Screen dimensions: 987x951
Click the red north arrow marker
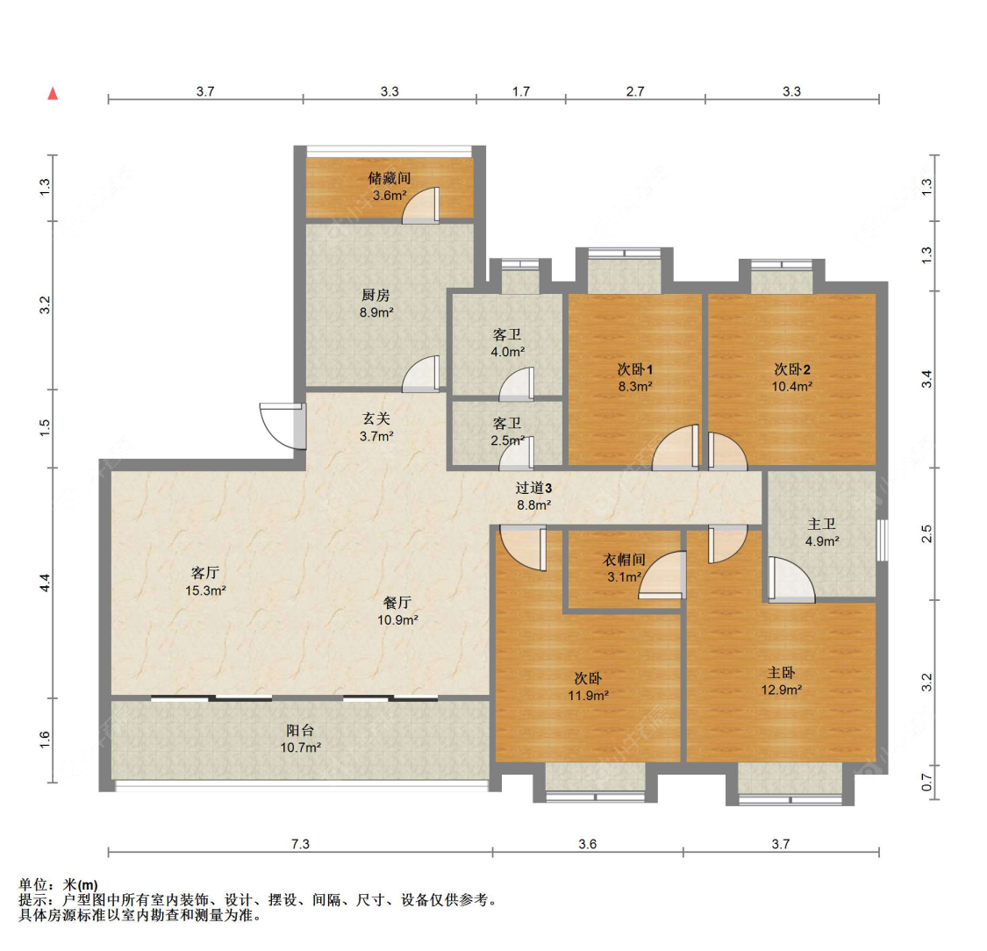point(53,94)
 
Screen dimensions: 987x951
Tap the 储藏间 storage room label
point(389,187)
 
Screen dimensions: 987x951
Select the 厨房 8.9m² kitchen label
point(376,304)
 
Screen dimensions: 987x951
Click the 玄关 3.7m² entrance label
point(376,427)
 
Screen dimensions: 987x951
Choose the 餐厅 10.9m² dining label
point(397,611)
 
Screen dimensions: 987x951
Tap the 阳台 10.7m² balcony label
point(300,739)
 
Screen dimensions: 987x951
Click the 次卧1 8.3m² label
point(634,377)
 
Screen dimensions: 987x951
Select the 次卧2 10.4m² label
point(792,377)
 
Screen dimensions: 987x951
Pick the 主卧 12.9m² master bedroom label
point(781,681)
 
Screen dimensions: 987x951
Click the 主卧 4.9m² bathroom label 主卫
point(822,533)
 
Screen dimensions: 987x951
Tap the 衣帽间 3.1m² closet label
point(624,568)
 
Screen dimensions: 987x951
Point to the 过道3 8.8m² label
point(533,496)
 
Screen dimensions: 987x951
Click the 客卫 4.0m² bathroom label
point(507,343)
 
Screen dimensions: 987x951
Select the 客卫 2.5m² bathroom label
point(507,432)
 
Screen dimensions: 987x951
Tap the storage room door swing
point(420,205)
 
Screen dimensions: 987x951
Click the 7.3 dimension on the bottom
point(300,843)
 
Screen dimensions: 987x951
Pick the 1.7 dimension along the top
point(520,91)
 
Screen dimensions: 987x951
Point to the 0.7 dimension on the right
point(926,783)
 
